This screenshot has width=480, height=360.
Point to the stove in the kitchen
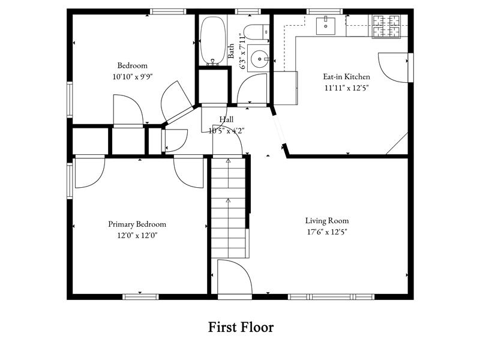click(387, 26)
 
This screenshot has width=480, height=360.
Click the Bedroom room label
click(132, 65)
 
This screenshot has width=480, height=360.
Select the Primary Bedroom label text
click(137, 224)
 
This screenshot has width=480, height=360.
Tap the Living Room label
click(326, 221)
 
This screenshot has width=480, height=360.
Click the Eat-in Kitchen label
click(346, 77)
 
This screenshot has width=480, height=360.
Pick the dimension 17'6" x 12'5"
click(326, 232)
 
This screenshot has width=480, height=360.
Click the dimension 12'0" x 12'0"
click(137, 235)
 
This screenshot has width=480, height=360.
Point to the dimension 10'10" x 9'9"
click(132, 77)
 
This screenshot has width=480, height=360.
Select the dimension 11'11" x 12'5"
click(346, 88)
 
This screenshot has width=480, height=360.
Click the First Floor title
click(241, 328)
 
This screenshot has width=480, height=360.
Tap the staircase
click(228, 207)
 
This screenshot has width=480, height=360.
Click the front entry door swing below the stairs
click(234, 277)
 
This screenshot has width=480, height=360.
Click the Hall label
click(226, 119)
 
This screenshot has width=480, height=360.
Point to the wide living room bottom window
click(331, 296)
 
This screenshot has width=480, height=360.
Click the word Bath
click(232, 50)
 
